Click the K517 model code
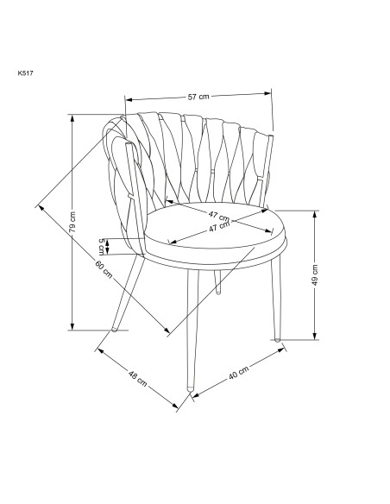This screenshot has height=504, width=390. click(x=25, y=73)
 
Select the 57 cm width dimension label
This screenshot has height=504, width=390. click(x=198, y=97)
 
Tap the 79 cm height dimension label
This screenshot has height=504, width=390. click(x=72, y=222)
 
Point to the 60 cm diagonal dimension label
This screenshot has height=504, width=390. click(x=104, y=269)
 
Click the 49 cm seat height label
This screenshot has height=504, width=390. click(x=315, y=274)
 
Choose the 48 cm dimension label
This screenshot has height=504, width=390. click(x=137, y=378)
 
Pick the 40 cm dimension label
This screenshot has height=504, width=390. click(x=239, y=373)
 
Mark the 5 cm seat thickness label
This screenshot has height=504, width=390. click(x=102, y=246)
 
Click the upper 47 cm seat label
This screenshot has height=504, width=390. click(x=219, y=216)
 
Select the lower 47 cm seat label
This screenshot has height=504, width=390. click(x=220, y=227)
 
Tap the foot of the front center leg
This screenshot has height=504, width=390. click(x=191, y=388)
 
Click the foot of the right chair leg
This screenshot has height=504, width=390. click(x=277, y=339)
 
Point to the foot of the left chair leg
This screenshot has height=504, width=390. click(x=114, y=329)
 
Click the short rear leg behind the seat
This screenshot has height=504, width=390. click(x=217, y=282)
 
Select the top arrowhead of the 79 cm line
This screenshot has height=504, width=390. click(x=72, y=118)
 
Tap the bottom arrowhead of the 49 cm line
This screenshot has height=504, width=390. click(x=315, y=336)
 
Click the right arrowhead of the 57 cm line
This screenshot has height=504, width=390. click(x=267, y=93)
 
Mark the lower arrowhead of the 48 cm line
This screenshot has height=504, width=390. click(x=174, y=406)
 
